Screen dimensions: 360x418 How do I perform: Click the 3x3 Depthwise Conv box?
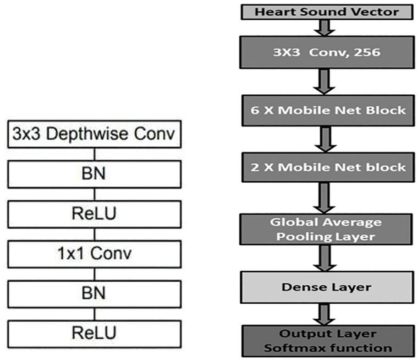94,135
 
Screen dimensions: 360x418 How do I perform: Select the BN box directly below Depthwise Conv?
94,174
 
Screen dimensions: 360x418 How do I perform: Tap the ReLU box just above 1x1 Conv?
94,213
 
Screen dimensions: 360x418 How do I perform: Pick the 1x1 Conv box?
94,253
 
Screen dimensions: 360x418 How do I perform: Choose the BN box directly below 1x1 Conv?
94,292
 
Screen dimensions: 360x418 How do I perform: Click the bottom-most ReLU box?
94,332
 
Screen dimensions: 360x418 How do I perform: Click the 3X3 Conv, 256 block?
327,53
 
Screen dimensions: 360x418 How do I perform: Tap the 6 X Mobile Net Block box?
327,110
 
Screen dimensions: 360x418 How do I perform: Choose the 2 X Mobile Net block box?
327,167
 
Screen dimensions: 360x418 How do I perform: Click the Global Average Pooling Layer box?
327,229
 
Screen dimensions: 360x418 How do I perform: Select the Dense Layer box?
327,287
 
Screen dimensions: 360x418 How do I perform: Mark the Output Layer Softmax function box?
327,340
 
